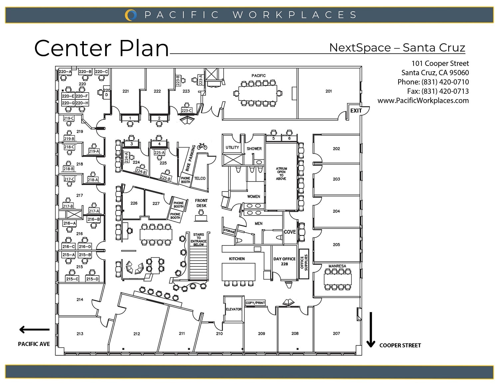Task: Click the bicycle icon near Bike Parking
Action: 202,146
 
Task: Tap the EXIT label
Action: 356,110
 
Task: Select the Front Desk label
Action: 201,203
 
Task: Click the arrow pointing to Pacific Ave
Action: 34,330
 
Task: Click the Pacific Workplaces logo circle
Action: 131,15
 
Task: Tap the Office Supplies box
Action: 304,264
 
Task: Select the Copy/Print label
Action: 255,303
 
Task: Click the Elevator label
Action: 234,309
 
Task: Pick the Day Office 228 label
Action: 284,261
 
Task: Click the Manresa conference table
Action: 338,279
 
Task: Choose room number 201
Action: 329,91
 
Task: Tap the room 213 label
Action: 80,333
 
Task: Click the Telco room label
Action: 200,178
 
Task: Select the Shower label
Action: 254,149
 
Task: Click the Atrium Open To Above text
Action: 281,174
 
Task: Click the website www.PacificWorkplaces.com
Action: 423,100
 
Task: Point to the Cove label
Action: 290,232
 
